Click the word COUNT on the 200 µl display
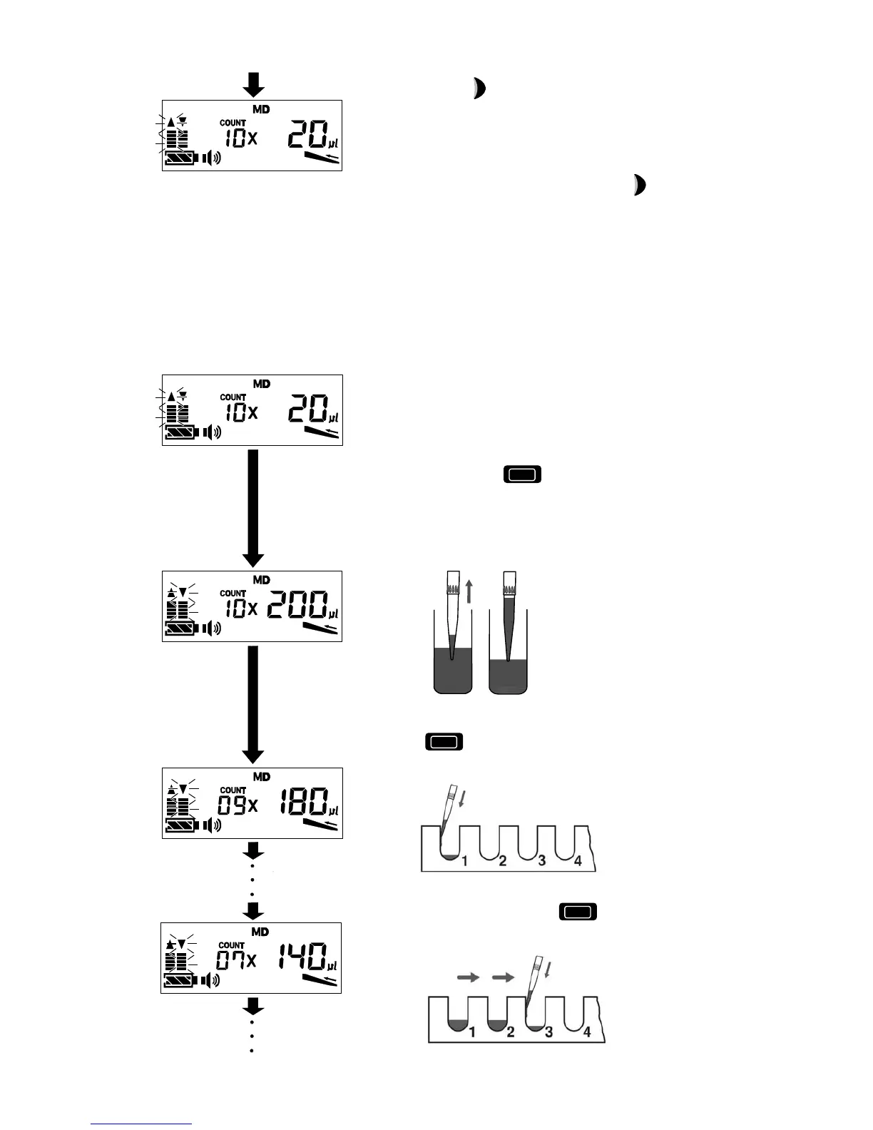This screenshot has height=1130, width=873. (x=233, y=594)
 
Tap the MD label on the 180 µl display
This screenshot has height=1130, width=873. (x=261, y=777)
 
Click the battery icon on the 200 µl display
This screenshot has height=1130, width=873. (x=181, y=628)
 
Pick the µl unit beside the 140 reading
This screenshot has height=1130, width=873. (x=332, y=966)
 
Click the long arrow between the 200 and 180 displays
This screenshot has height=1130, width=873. (x=253, y=703)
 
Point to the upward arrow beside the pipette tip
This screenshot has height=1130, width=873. (x=469, y=591)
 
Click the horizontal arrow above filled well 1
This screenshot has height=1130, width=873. (x=469, y=978)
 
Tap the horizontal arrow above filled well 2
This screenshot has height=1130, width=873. (x=504, y=978)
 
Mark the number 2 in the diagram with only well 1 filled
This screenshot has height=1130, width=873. (x=503, y=861)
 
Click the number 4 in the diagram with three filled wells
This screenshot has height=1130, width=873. (x=587, y=1032)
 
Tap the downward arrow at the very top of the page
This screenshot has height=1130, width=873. (x=253, y=85)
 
